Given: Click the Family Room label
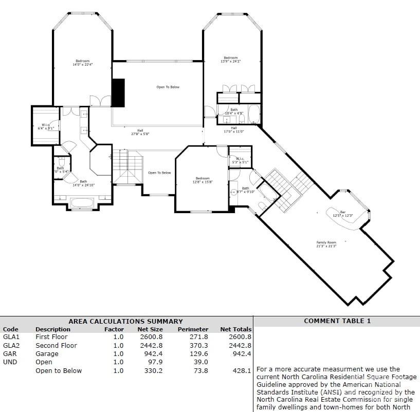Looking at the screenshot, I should (x=326, y=244).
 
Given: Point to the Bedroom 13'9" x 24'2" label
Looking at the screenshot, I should (x=230, y=60).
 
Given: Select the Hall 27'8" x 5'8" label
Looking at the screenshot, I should (x=140, y=132).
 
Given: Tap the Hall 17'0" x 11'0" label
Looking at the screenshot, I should (x=234, y=129).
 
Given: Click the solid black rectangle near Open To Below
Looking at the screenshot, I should (x=118, y=93).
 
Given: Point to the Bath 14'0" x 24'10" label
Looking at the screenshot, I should (x=83, y=183).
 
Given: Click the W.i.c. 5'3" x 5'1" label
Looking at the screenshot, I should (x=240, y=160).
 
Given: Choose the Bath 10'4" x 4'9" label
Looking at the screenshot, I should (x=234, y=111).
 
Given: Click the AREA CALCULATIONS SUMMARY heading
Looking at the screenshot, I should (x=125, y=321).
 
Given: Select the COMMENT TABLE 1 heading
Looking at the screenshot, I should (x=337, y=321).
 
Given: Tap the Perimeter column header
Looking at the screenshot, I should (x=193, y=329).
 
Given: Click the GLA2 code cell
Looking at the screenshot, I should (x=11, y=346).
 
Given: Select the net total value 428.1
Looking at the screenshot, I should (x=242, y=371).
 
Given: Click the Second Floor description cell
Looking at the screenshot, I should (x=56, y=346).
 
